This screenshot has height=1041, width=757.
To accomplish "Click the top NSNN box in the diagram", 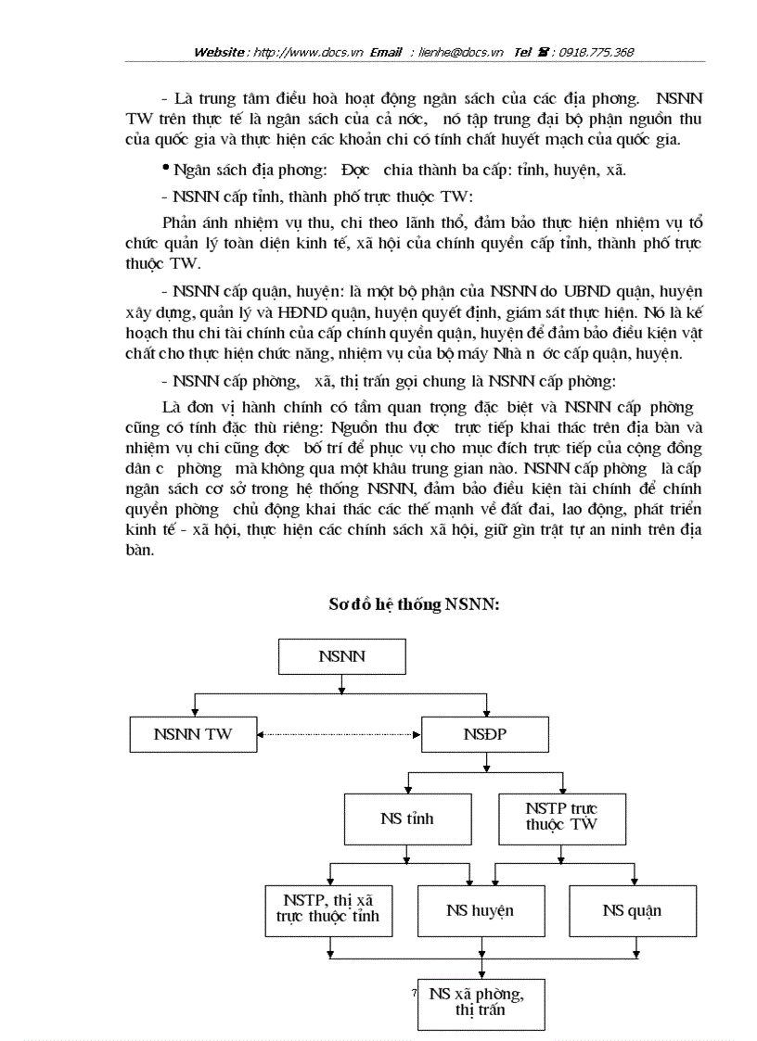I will coord(342,657).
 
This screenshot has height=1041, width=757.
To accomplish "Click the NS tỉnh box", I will coord(406,819).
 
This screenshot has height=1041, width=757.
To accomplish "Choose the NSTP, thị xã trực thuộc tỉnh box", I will coord(327,910).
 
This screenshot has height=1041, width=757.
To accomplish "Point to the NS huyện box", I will coord(480,910).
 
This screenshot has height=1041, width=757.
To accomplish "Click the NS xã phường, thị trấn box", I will coord(481,1003).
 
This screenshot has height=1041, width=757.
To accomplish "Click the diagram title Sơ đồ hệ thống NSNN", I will coord(415,604).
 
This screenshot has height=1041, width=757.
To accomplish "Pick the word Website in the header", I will coord(220,52).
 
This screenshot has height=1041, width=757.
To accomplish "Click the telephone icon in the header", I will coord(542,52).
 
